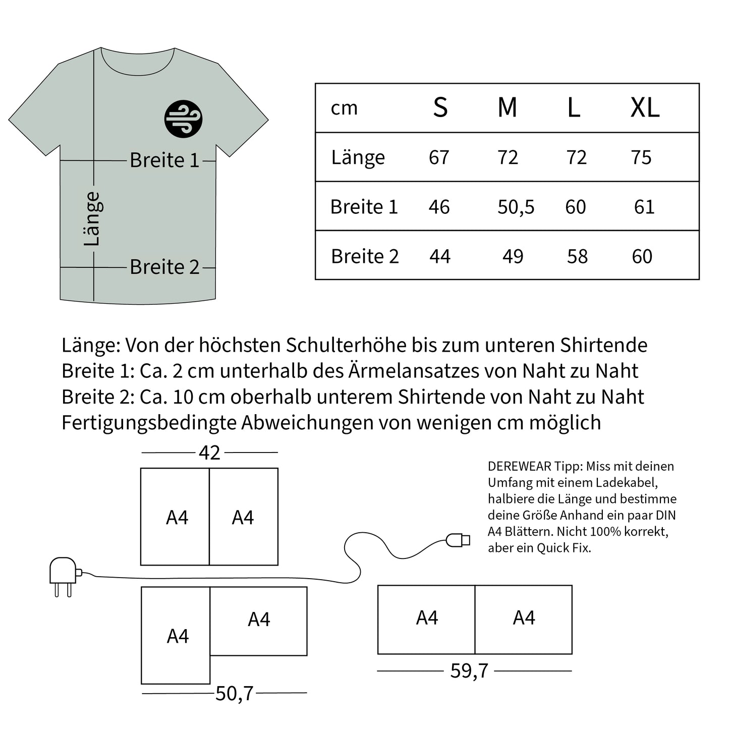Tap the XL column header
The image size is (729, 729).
coord(645,107)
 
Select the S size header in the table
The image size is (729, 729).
coord(440,107)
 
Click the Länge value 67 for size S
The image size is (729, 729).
coord(439,157)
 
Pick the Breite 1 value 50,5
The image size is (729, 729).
coord(516,207)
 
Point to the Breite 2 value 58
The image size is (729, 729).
coord(577,256)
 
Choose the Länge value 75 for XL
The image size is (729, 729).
coord(641,157)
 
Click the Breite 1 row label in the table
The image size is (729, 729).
coord(364,207)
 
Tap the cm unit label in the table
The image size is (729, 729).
coord(344,108)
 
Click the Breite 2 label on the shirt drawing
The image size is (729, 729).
coord(164,267)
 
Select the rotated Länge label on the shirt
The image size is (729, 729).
coord(92,218)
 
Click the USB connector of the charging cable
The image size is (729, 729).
coord(458,540)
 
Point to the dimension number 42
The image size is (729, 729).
coord(209,453)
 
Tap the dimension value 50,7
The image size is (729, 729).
coord(234,694)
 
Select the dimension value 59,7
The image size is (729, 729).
coord(469,670)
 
